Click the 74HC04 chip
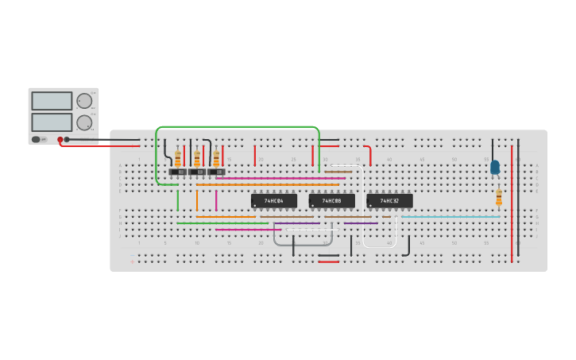[x=274, y=201]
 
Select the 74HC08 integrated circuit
[x=331, y=201]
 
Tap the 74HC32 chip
[x=389, y=201]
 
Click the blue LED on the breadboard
[x=495, y=167]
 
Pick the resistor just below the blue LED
[x=499, y=197]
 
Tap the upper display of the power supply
[x=52, y=101]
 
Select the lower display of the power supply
[x=52, y=122]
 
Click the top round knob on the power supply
[x=83, y=101]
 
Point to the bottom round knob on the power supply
[x=83, y=122]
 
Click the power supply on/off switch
[x=36, y=139]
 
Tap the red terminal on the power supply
[x=60, y=139]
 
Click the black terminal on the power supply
[x=67, y=139]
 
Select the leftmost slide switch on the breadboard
[x=177, y=172]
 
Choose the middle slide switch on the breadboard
[x=196, y=172]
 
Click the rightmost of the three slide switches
[x=215, y=172]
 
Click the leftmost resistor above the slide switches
[x=178, y=157]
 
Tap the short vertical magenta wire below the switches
[x=216, y=199]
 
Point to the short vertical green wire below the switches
[x=178, y=199]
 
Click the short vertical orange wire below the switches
[x=197, y=199]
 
